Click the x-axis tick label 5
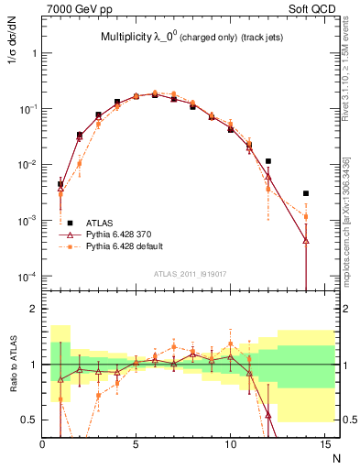click(x=136, y=444)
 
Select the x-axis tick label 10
click(x=230, y=444)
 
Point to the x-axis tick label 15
click(x=323, y=444)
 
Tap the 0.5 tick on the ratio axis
click(x=29, y=420)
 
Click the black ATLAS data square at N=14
click(x=306, y=193)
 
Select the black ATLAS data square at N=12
click(x=268, y=161)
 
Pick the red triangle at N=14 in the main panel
click(x=306, y=241)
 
